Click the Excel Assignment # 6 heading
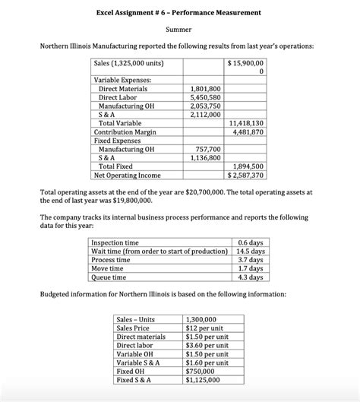tap(179, 13)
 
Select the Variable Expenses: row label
tap(122, 80)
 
